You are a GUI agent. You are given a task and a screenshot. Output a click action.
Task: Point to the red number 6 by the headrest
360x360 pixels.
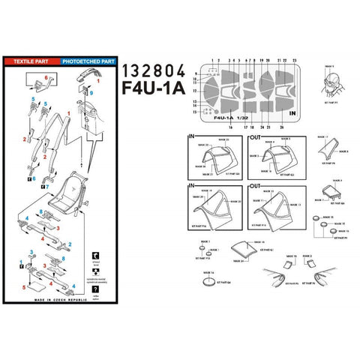coord(46,76)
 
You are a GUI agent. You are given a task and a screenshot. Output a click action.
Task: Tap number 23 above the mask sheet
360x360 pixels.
coord(295,59)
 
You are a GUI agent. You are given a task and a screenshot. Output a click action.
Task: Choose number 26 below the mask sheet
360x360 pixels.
coord(280,128)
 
